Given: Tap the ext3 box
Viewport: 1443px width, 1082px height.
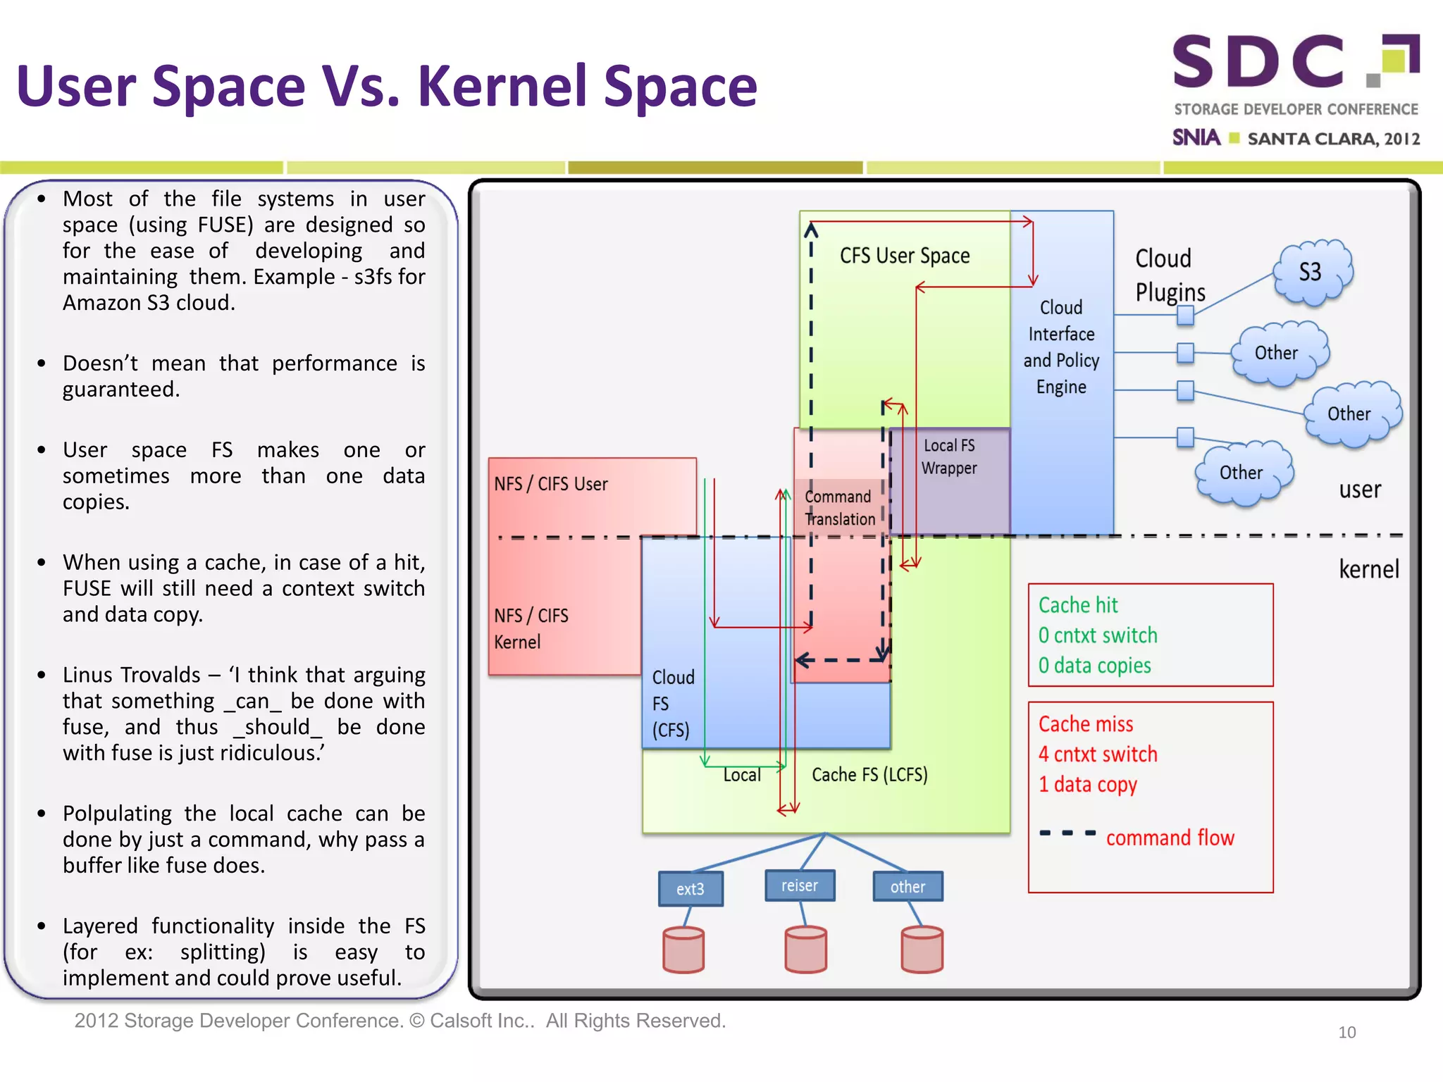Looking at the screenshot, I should (x=690, y=889).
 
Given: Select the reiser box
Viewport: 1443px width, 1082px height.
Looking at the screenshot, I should (x=800, y=885).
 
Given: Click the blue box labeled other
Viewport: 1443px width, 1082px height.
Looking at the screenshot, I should (x=908, y=887).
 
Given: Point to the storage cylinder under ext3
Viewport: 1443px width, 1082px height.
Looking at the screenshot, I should (x=683, y=950).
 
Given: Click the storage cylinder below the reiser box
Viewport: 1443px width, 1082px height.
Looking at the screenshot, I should (x=805, y=950).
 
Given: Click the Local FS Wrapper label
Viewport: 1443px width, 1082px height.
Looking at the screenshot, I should (x=949, y=456).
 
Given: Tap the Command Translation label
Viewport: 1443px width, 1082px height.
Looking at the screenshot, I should (x=839, y=508).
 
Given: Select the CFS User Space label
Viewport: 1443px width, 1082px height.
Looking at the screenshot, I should (x=905, y=256).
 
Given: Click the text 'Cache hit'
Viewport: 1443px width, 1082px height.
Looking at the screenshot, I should (x=1078, y=605).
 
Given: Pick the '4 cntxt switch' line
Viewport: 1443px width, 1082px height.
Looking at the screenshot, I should (x=1097, y=754).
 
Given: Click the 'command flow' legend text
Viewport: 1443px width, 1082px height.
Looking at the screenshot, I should (x=1170, y=838).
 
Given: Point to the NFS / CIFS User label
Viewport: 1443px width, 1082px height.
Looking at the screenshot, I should (x=550, y=484).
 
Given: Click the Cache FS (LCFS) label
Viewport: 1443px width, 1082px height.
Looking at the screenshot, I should (x=869, y=775).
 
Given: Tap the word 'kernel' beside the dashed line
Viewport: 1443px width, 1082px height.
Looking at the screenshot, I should (x=1368, y=569).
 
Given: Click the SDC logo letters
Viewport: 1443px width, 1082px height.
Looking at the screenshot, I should (x=1258, y=62).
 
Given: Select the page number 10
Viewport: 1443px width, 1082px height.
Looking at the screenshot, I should (x=1346, y=1033).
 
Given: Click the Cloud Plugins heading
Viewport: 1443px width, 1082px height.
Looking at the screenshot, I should (x=1170, y=275).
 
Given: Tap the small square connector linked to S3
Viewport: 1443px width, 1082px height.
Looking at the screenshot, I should (x=1185, y=315).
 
